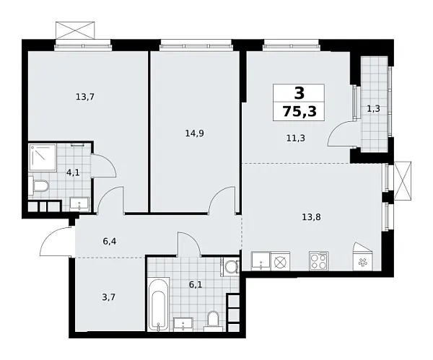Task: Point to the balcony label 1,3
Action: click(x=374, y=109)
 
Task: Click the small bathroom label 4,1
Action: click(x=73, y=173)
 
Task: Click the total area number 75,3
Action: click(x=298, y=112)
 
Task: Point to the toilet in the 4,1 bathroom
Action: click(x=40, y=188)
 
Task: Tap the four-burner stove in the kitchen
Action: click(x=318, y=260)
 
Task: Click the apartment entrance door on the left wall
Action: click(x=56, y=242)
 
